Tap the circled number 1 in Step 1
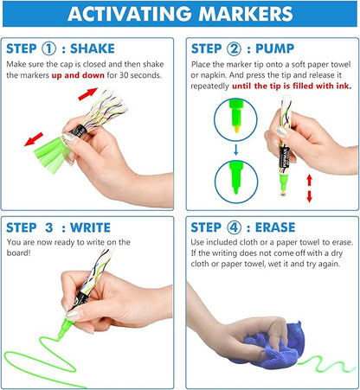(48, 48)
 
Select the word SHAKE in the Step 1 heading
(93, 48)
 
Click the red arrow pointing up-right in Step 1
(87, 94)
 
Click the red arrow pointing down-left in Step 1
(34, 139)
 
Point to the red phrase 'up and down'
(78, 75)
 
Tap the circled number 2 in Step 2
(234, 48)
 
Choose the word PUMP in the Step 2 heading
(274, 48)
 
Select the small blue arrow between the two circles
(236, 150)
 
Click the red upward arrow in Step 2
(310, 181)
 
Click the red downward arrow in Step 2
(310, 196)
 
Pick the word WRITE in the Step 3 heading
(90, 227)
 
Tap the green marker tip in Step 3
(64, 329)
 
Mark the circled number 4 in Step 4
(234, 227)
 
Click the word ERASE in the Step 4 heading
(275, 227)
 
